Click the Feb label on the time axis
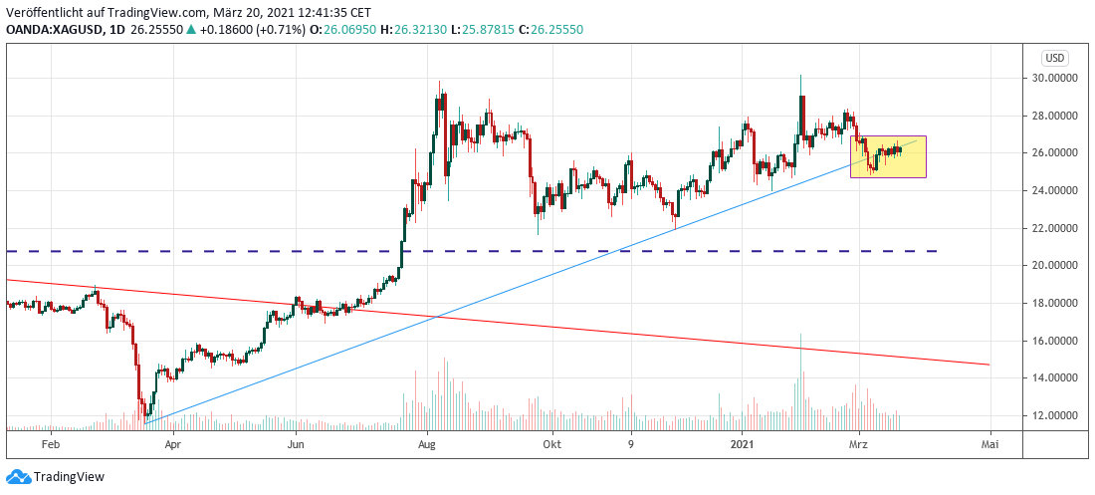[52, 444]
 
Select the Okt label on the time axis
[550, 444]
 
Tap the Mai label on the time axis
[989, 444]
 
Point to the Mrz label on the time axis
[858, 444]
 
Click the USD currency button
[1054, 58]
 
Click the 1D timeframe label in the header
[117, 30]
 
